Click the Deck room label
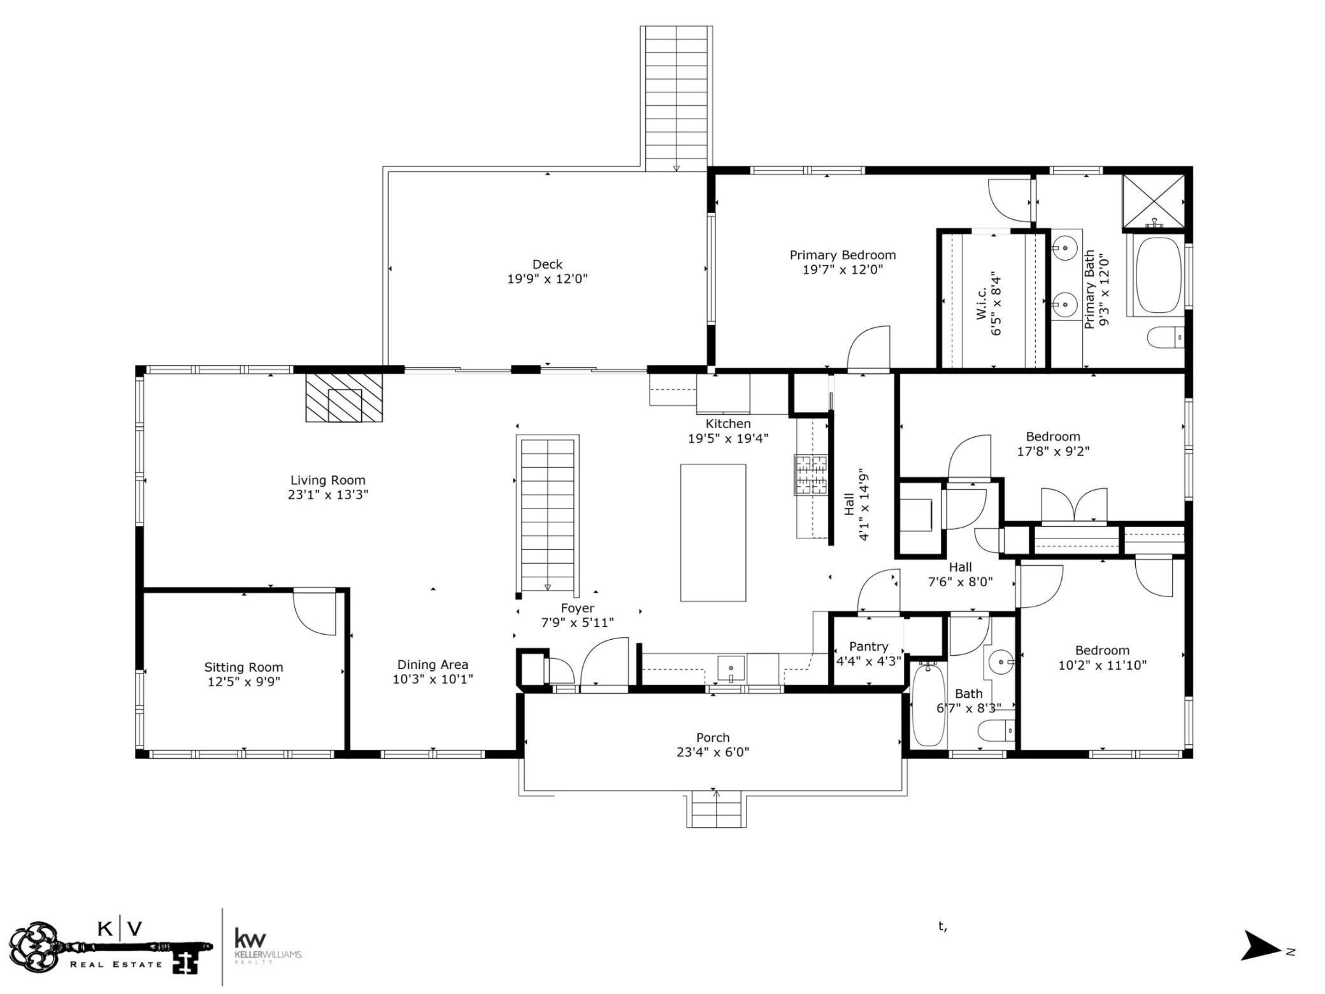coord(547,264)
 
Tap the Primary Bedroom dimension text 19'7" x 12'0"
coord(843,270)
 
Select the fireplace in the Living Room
coord(344,398)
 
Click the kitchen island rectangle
coord(713,533)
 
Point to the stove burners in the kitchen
coord(810,475)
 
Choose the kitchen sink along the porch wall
coord(731,668)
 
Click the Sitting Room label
coord(243,667)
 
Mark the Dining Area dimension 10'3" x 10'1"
coord(433,679)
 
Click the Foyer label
coord(577,609)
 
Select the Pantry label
coord(868,647)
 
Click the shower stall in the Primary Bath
coord(1153,200)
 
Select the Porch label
coord(713,737)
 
